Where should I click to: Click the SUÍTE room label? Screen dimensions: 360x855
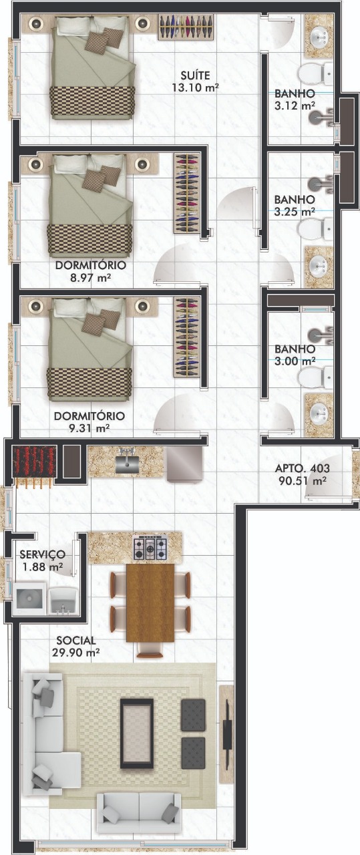[x=196, y=75]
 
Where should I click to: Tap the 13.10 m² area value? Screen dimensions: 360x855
[x=195, y=88]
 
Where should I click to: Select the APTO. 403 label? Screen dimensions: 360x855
[x=303, y=468]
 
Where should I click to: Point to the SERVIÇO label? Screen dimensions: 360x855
[x=42, y=554]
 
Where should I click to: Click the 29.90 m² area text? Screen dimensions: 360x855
[x=76, y=653]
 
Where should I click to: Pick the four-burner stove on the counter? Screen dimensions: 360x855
[x=150, y=548]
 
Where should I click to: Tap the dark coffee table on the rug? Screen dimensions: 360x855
[x=137, y=733]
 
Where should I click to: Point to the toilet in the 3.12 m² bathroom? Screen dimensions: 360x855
[x=315, y=74]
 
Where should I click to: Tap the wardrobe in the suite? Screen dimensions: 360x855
[x=186, y=27]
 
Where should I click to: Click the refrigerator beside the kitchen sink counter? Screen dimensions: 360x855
[x=185, y=464]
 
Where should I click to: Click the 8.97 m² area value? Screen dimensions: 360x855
[x=90, y=277]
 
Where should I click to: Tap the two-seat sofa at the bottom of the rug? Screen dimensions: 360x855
[x=138, y=813]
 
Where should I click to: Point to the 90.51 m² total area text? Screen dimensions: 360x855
[x=303, y=480]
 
